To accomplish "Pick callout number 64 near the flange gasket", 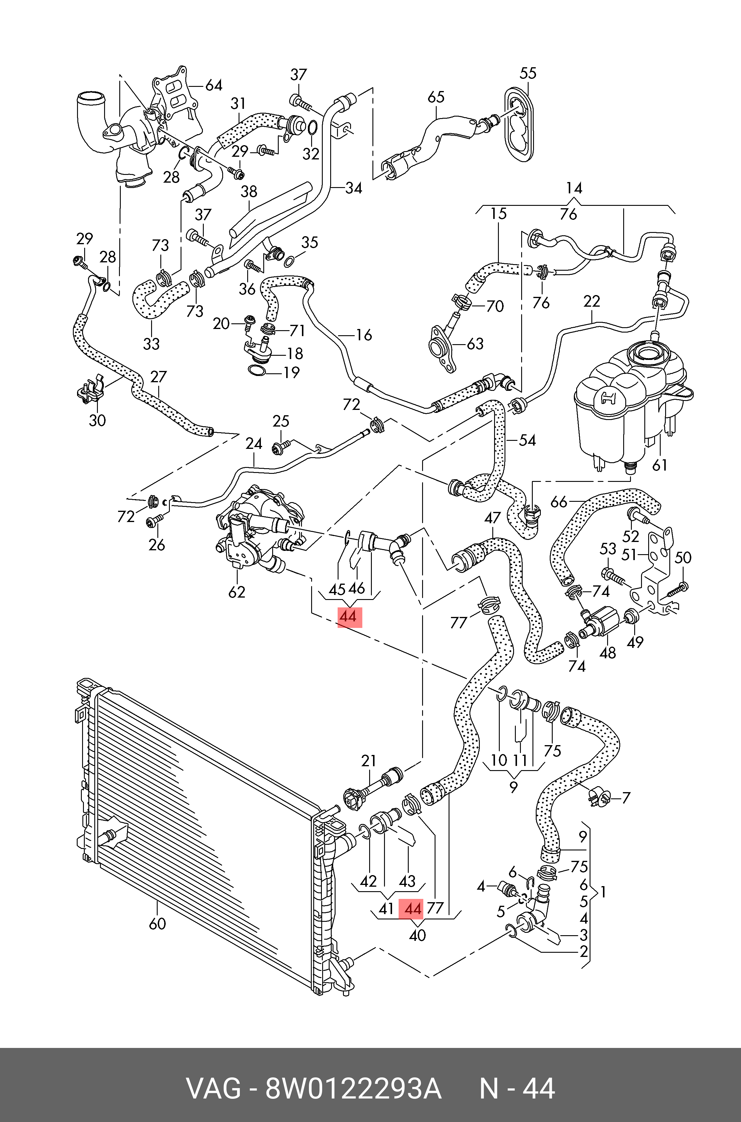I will pyautogui.click(x=214, y=85).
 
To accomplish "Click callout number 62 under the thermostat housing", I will pyautogui.click(x=237, y=592).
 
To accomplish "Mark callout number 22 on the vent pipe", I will pyautogui.click(x=592, y=301).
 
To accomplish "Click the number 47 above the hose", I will pyautogui.click(x=492, y=518).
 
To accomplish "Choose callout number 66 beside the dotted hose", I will pyautogui.click(x=559, y=502).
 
